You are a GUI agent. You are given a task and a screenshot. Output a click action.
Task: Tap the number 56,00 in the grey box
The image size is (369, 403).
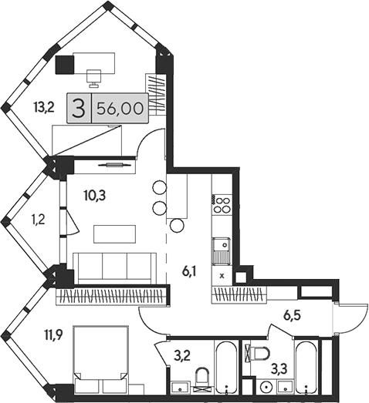[120, 109]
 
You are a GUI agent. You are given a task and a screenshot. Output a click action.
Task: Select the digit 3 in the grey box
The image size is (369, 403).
[78, 109]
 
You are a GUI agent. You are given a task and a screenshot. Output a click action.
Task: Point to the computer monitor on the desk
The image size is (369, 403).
[95, 75]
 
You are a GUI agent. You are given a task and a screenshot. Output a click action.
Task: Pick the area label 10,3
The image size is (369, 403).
[95, 195]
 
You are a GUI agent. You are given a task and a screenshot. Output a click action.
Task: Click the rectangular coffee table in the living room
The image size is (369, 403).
[113, 232]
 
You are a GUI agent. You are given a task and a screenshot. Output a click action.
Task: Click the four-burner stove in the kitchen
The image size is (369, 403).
[222, 205]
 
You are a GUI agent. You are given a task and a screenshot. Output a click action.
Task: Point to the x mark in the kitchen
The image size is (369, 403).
[222, 274]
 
